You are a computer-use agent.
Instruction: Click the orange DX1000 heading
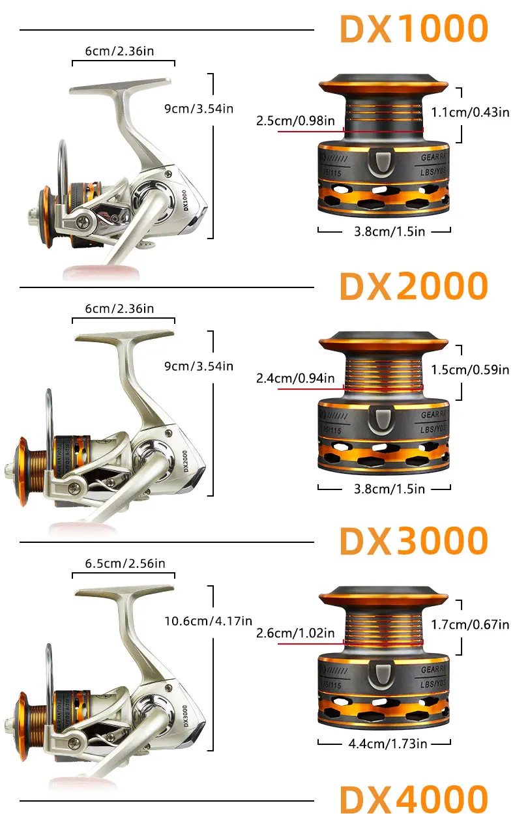[414, 29]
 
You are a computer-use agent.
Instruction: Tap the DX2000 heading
[414, 285]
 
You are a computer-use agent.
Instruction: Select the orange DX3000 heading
[414, 541]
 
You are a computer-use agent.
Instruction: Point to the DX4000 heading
[414, 798]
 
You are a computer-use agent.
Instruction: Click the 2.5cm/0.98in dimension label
[295, 121]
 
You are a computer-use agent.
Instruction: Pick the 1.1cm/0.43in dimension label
[471, 112]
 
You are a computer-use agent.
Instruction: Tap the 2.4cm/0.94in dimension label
[295, 379]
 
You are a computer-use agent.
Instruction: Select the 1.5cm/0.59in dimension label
[471, 370]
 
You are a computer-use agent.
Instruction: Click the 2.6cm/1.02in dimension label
[295, 633]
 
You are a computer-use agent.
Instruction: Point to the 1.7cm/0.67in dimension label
[471, 624]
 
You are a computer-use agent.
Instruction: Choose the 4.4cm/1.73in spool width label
[384, 743]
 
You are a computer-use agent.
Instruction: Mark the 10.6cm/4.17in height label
[207, 621]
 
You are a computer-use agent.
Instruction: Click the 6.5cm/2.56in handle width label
[125, 563]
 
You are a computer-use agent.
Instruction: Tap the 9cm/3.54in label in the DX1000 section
[198, 108]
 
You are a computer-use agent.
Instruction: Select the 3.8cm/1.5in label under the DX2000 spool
[384, 488]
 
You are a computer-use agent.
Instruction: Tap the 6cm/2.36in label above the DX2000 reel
[120, 308]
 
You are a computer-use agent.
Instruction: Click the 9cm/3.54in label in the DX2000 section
[198, 366]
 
